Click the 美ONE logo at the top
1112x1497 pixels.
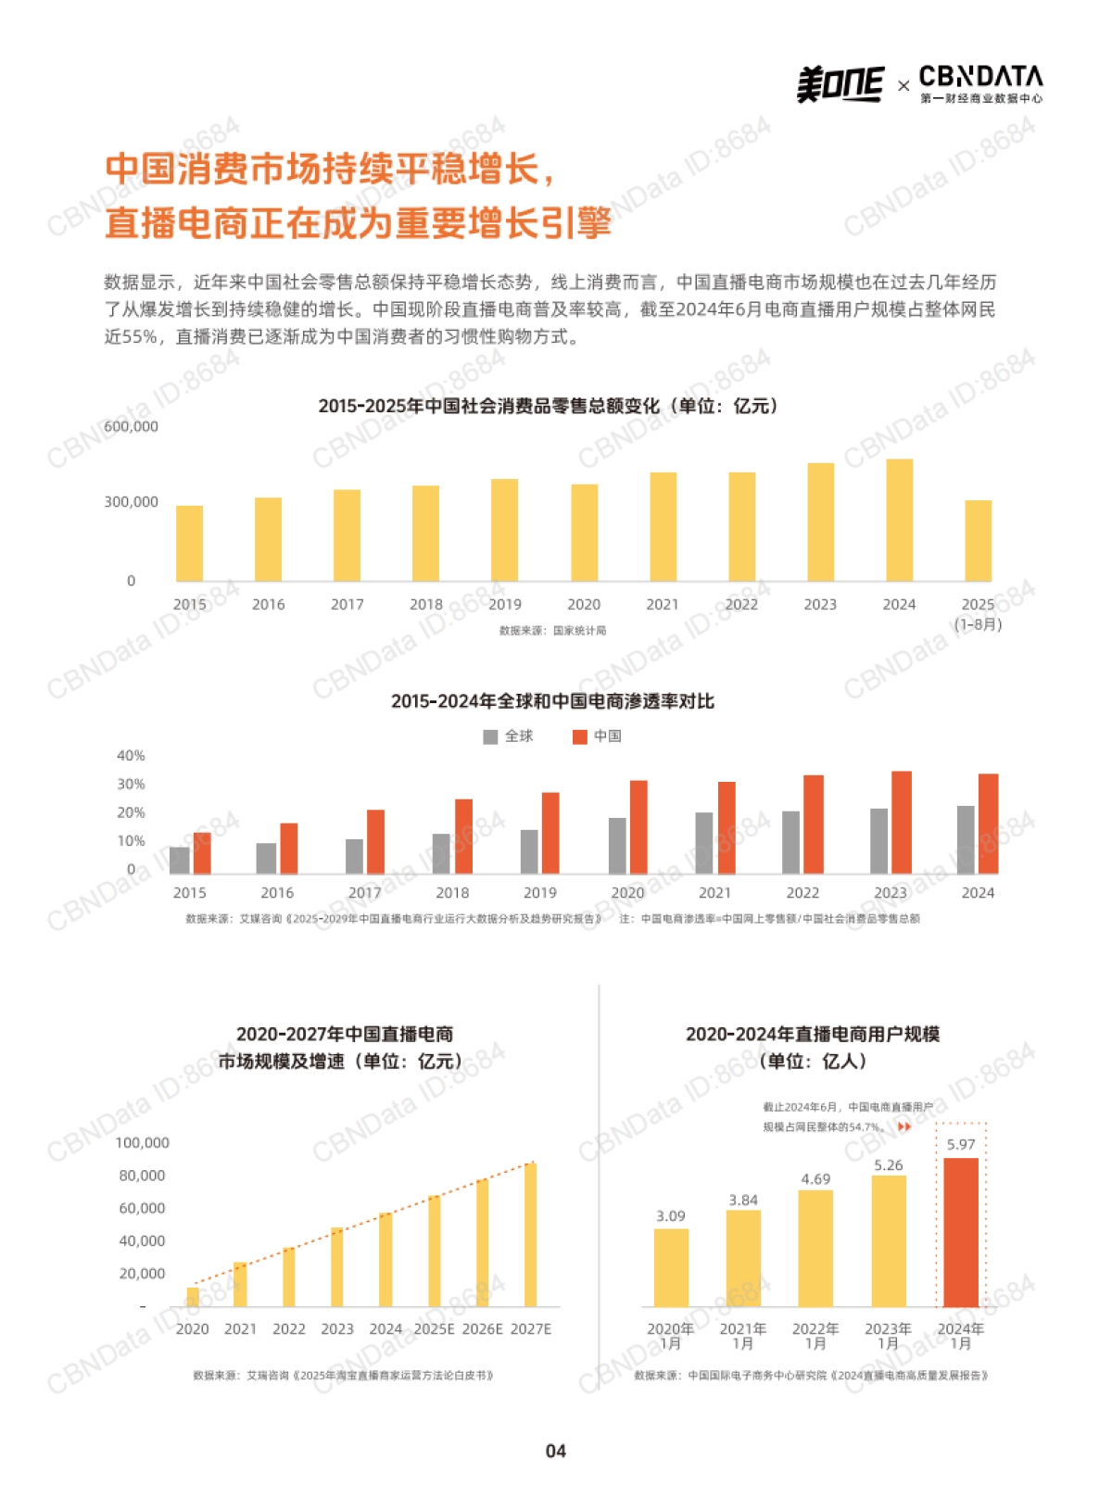coord(840,84)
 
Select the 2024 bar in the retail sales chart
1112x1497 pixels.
coord(899,520)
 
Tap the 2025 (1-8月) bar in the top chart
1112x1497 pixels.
coord(978,540)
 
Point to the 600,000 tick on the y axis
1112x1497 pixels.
coord(131,426)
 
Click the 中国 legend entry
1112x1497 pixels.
coord(598,736)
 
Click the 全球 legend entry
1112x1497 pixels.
coord(509,736)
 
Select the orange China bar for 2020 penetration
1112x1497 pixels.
coord(638,826)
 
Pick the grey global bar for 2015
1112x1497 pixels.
coord(179,860)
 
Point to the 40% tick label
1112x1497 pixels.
coord(131,756)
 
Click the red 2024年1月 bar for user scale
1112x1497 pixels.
coord(961,1232)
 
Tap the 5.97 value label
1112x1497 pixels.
coord(961,1144)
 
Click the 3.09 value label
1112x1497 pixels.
coord(671,1216)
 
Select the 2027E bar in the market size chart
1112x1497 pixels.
coord(531,1234)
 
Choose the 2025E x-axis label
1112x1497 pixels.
coord(434,1328)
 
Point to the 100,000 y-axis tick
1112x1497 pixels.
coord(142,1143)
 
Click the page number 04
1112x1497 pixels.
coord(555,1451)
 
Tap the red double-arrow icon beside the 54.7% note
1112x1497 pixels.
coord(904,1126)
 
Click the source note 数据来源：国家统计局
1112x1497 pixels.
coord(552,631)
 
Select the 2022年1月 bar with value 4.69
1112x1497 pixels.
coord(815,1248)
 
